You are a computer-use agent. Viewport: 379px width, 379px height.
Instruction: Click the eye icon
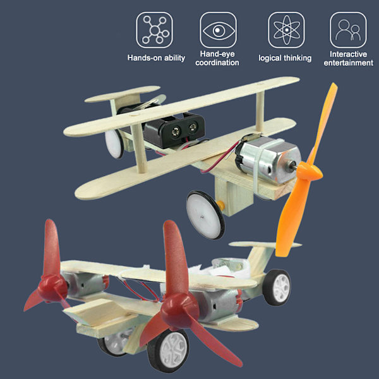tap(219, 30)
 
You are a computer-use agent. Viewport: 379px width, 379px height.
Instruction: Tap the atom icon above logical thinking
tap(286, 30)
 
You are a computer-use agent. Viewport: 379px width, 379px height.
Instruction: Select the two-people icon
tap(348, 30)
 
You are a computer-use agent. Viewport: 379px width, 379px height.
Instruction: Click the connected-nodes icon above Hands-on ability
tap(154, 30)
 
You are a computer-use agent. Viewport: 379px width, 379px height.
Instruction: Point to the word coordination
tap(217, 63)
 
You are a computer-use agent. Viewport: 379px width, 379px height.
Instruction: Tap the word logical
tap(270, 58)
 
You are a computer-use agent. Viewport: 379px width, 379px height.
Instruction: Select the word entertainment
tap(348, 63)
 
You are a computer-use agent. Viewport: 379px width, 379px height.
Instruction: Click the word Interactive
tap(348, 54)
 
